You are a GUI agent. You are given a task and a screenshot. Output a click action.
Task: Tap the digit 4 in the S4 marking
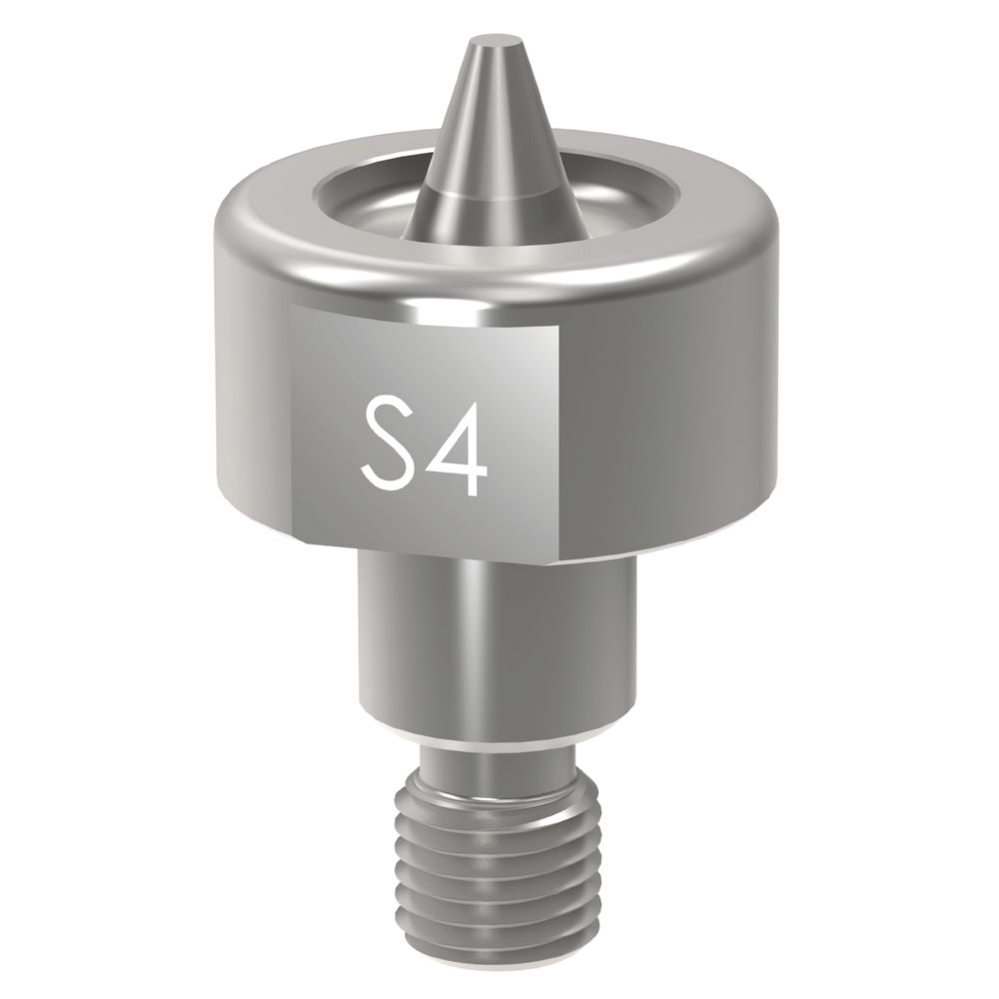(x=458, y=445)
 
